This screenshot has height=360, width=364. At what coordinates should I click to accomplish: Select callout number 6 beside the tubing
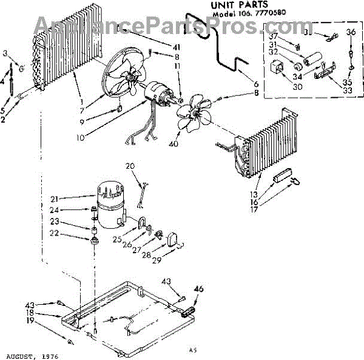coord(257,84)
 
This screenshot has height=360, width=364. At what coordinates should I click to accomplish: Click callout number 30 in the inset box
coord(280,87)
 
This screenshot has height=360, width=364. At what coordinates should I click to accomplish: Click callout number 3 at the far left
coord(6,55)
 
